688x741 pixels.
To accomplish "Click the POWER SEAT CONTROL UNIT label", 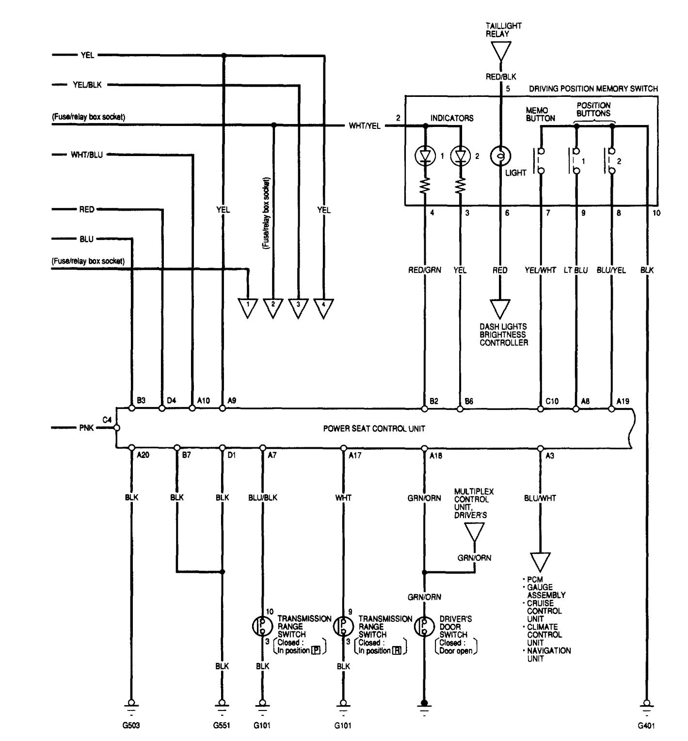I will (x=374, y=428).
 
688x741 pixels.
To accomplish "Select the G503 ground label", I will (x=130, y=725).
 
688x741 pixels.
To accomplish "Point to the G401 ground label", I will (x=646, y=725).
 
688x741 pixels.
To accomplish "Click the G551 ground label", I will (x=222, y=725).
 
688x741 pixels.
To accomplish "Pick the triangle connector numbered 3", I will (x=298, y=307).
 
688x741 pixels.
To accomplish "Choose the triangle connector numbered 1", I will (x=248, y=307).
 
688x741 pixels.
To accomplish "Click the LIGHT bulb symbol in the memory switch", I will (x=500, y=156).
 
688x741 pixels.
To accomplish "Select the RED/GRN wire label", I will (x=424, y=270).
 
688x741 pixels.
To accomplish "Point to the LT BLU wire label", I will (x=576, y=270).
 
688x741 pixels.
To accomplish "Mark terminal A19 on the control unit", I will (x=611, y=409).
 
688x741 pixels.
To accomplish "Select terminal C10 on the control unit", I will (x=541, y=409).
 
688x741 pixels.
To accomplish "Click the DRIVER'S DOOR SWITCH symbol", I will (x=424, y=627).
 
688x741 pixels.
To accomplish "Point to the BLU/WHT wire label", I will (x=540, y=498).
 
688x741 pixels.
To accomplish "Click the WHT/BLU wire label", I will (x=86, y=155).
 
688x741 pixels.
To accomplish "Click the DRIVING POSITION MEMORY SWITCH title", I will (x=593, y=89).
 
